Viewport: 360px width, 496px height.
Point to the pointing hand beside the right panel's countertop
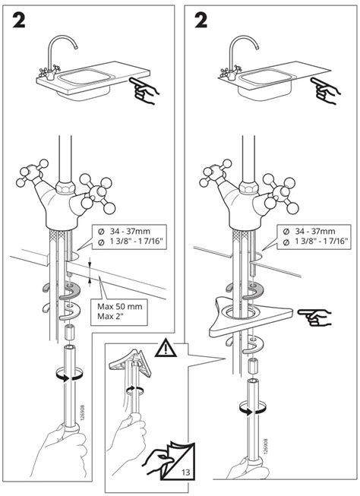pyautogui.click(x=328, y=90)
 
